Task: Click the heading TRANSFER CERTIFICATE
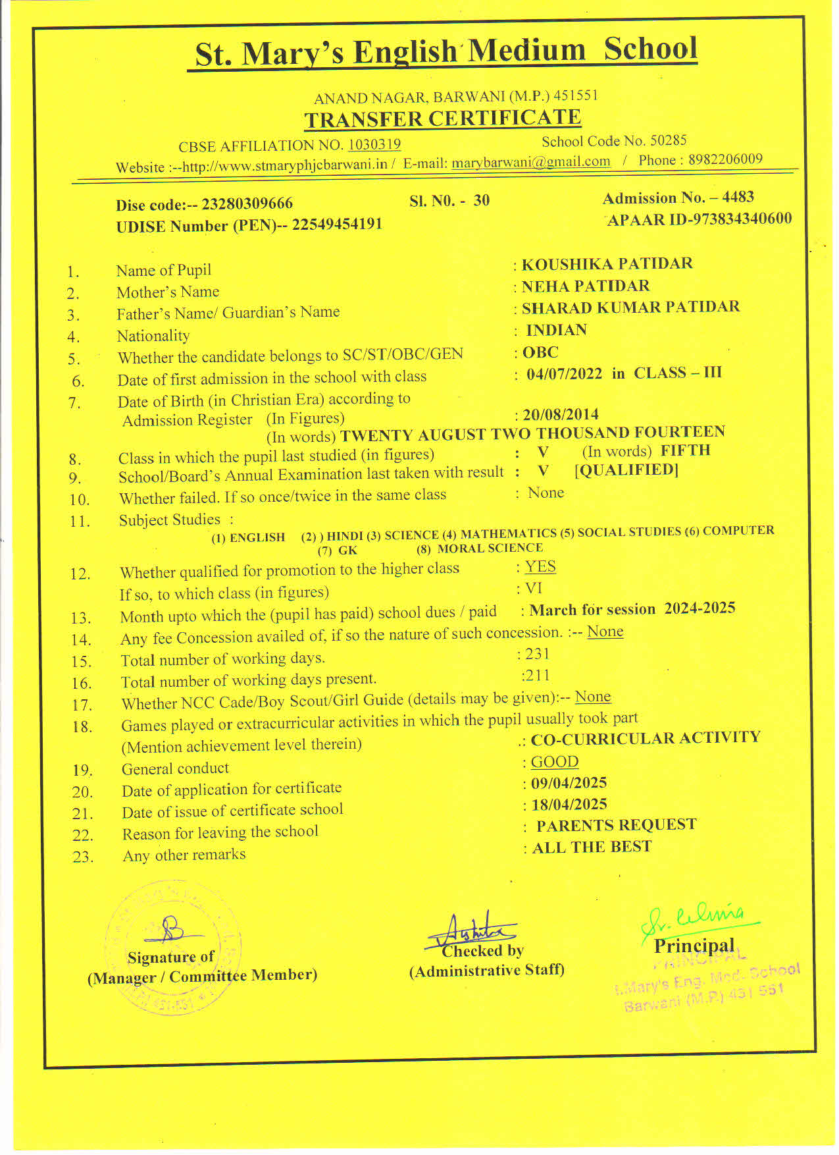[443, 119]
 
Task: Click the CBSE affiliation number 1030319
[374, 144]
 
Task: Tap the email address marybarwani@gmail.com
[530, 162]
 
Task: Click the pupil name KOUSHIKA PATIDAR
[607, 264]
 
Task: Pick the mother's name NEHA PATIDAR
[585, 286]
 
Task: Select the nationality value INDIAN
[556, 330]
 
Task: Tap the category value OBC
[540, 352]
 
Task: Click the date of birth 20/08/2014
[561, 414]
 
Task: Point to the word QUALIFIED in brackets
[626, 470]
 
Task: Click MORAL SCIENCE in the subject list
[490, 548]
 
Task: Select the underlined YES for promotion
[540, 567]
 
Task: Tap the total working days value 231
[537, 654]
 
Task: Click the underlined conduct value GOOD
[555, 762]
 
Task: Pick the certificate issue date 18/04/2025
[569, 805]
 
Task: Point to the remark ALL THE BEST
[592, 847]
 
